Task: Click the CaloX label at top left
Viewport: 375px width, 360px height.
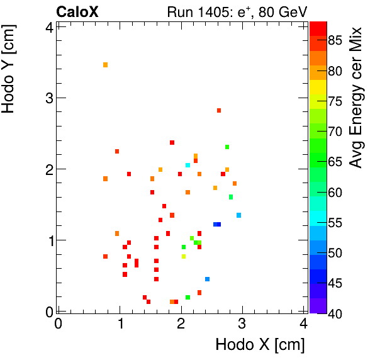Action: tap(77, 11)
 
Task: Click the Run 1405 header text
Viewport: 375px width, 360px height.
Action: tap(236, 11)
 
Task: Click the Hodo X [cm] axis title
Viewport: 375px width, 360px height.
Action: tap(260, 345)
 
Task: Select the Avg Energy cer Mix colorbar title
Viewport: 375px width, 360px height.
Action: tap(357, 98)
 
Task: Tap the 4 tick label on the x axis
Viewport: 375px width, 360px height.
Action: tap(304, 323)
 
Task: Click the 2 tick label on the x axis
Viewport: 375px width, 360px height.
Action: tap(181, 323)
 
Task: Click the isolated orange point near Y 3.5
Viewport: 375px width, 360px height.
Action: tap(105, 65)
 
